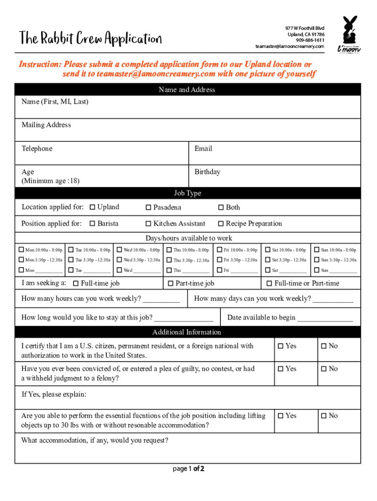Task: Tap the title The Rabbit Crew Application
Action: [90, 38]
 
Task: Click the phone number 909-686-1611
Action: [310, 40]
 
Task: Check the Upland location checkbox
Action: [93, 207]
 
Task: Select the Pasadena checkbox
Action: [148, 207]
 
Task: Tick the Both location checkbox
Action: [221, 207]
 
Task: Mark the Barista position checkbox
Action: [93, 224]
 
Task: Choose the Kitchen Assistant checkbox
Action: [148, 224]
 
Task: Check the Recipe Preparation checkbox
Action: [221, 224]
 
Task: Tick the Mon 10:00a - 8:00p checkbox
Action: [21, 250]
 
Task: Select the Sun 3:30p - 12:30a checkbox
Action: [317, 260]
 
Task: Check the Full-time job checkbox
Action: [76, 284]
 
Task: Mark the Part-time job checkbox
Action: [170, 284]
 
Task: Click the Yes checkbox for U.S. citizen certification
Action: [281, 346]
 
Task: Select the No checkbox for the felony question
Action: [324, 369]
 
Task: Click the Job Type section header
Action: [188, 193]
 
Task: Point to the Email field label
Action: [203, 149]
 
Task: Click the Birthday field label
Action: [207, 172]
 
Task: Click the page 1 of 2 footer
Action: [188, 469]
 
